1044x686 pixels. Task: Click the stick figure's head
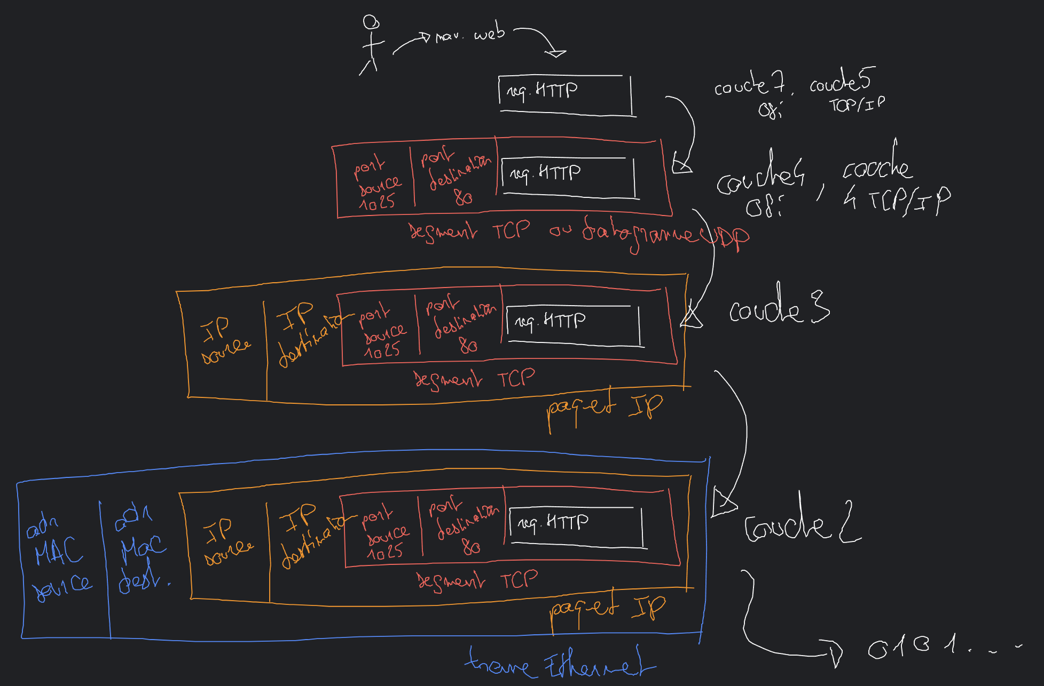pos(371,22)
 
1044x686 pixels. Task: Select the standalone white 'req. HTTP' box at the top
pos(565,94)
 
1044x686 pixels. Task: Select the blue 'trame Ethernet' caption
pos(560,664)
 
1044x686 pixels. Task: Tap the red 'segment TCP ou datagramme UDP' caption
pos(577,234)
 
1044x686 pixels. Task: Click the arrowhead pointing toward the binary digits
pos(835,654)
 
